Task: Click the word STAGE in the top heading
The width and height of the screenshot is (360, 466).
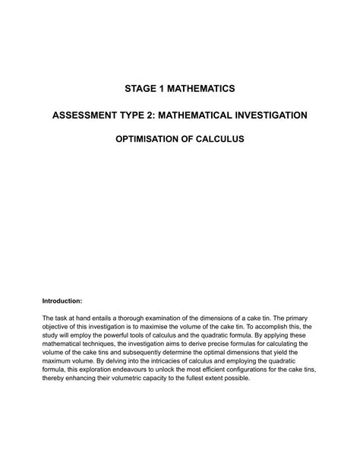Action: coord(140,89)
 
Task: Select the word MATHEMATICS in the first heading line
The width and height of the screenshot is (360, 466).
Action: coord(201,89)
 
